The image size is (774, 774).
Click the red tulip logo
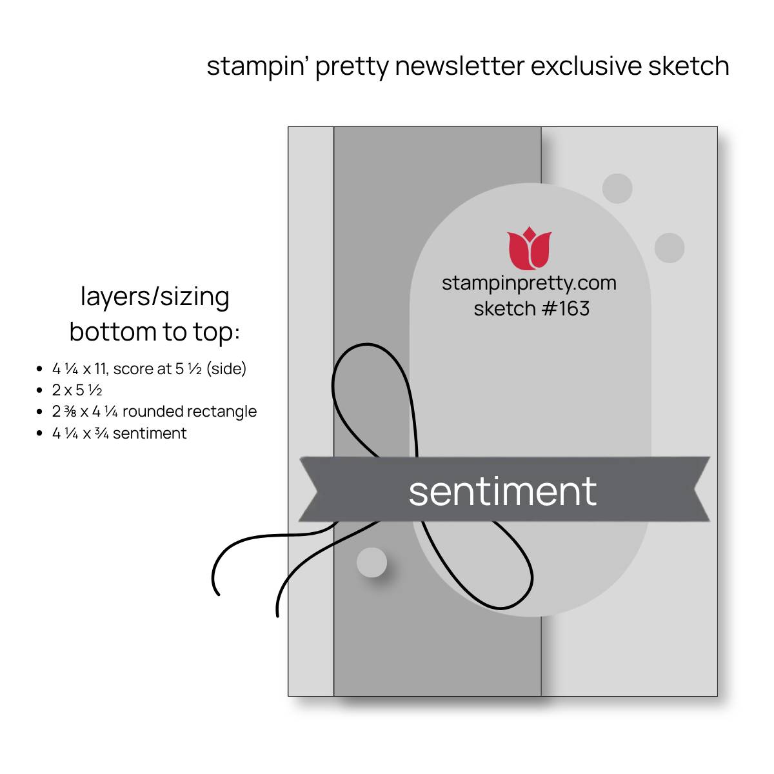click(x=529, y=248)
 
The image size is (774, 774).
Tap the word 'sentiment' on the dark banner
click(x=502, y=491)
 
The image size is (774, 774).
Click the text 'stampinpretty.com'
click(x=529, y=284)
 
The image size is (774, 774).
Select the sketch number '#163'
click(x=565, y=308)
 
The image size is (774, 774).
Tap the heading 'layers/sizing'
click(x=155, y=297)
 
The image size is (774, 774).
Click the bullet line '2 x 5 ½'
click(x=77, y=390)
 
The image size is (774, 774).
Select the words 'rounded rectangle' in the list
click(x=190, y=412)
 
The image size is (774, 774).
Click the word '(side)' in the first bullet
click(x=226, y=369)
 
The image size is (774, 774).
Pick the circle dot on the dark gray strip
click(x=372, y=562)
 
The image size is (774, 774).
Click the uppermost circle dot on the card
click(x=617, y=188)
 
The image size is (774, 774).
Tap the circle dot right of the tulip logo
click(x=670, y=248)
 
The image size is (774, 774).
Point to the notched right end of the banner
click(x=701, y=489)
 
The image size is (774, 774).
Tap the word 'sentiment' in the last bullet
click(x=150, y=433)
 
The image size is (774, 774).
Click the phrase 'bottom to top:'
click(x=155, y=333)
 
